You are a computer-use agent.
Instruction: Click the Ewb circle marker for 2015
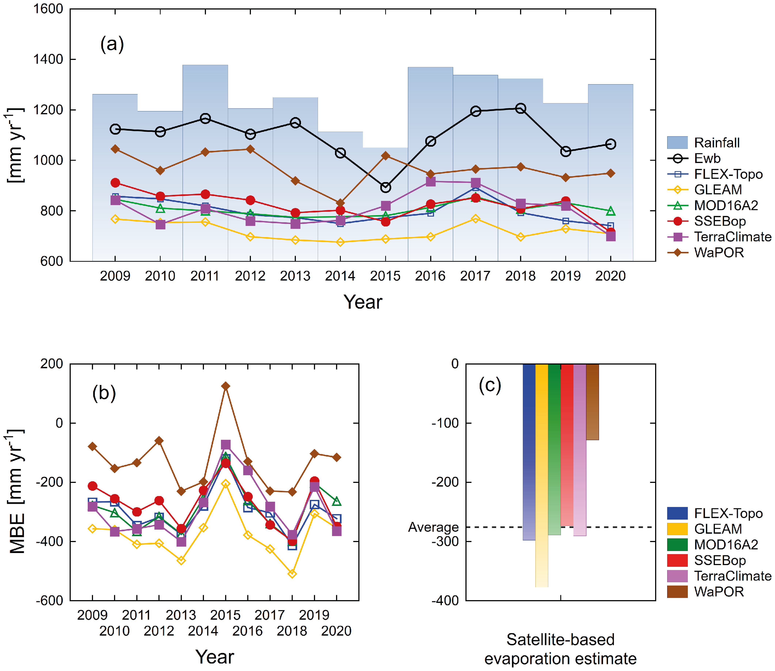[x=385, y=187]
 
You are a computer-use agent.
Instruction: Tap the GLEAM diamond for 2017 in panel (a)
[x=475, y=219]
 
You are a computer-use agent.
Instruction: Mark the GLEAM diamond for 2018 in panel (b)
[x=292, y=574]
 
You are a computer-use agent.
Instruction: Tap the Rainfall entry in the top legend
[x=716, y=143]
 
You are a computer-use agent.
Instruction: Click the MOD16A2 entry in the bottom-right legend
[x=725, y=544]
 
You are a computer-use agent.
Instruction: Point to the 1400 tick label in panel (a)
[x=48, y=59]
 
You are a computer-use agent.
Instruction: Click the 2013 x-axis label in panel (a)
[x=295, y=276]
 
